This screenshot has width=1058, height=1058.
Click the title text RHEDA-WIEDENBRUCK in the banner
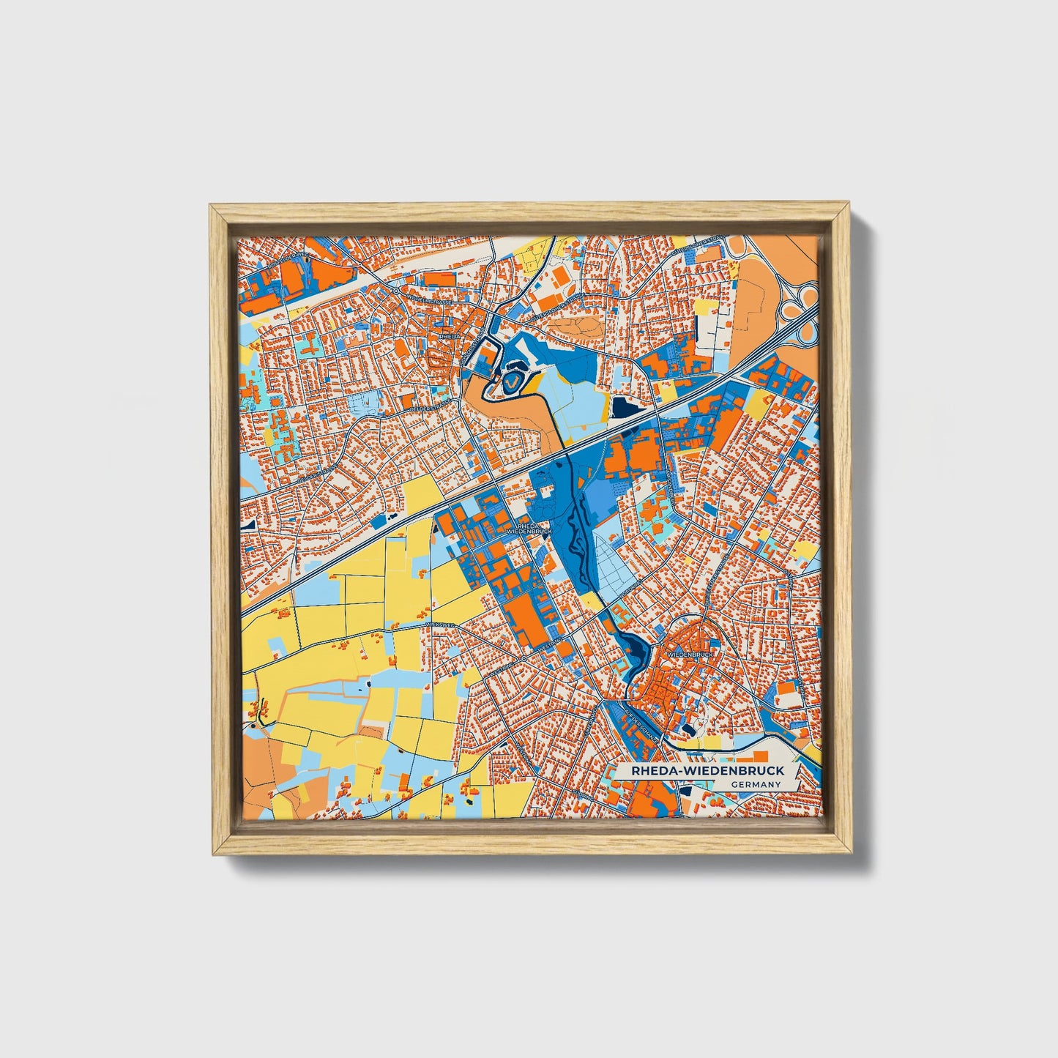(x=700, y=770)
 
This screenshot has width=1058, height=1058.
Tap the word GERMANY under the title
(x=756, y=784)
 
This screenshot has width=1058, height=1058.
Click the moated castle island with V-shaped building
(x=511, y=380)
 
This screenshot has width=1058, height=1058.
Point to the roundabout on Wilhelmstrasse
(x=395, y=291)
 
